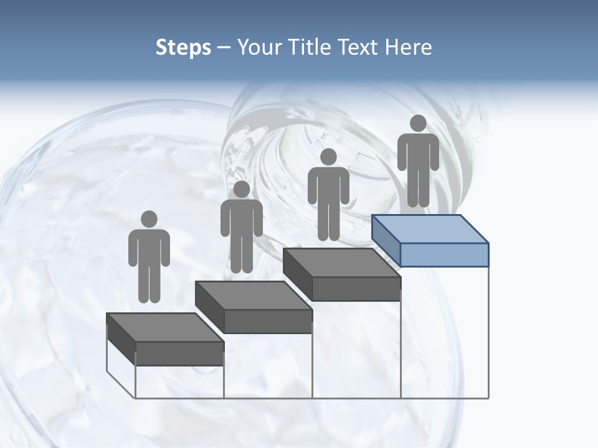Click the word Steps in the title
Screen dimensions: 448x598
point(183,47)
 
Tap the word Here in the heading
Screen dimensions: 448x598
point(407,47)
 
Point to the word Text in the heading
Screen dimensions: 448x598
point(358,47)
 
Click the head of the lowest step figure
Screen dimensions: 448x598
point(149,219)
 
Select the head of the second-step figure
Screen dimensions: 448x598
point(241,189)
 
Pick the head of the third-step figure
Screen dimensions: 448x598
point(328,157)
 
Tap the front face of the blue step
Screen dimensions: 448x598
point(444,254)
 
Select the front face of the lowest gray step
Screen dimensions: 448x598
point(179,353)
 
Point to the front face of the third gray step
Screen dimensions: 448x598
point(356,289)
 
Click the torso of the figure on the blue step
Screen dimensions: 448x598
point(418,152)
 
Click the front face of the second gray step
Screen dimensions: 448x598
point(268,321)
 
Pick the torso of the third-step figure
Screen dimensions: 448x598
point(328,186)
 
